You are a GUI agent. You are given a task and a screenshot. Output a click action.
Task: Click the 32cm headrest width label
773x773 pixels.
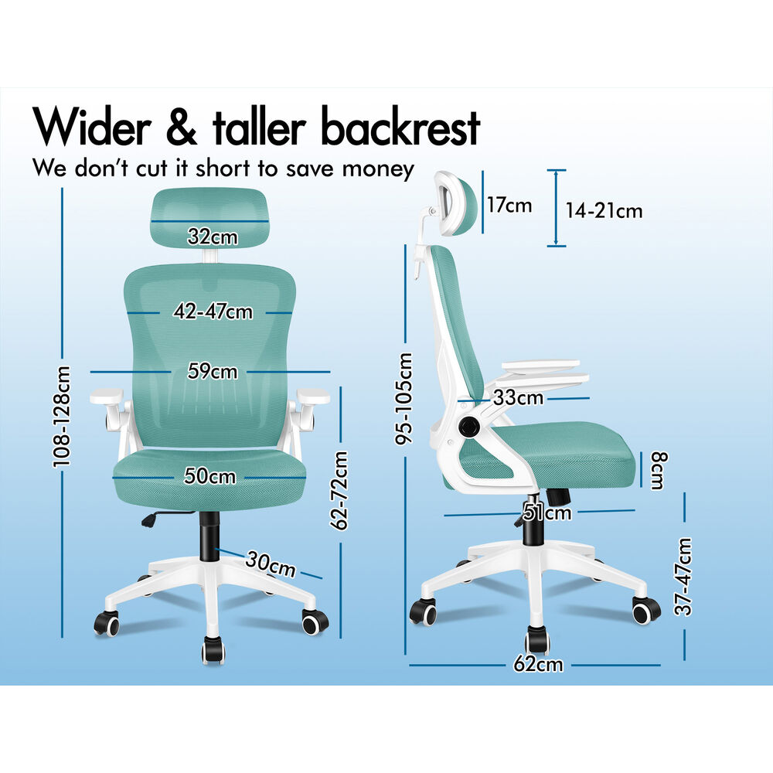[213, 237]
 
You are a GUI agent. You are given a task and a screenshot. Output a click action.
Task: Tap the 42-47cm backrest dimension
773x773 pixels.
[213, 312]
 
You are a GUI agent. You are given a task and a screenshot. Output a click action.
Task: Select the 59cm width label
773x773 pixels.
[213, 371]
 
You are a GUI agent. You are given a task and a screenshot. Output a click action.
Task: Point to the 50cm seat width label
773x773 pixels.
[210, 476]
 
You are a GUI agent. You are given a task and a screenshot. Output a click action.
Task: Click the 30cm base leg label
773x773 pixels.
[271, 564]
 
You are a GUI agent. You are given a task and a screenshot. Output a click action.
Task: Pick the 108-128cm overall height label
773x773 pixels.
[62, 416]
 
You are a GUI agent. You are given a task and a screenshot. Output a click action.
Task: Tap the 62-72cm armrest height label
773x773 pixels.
[339, 491]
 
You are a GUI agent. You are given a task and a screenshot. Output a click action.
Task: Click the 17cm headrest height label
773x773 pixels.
[509, 205]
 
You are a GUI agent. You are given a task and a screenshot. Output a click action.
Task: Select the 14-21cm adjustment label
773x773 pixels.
[604, 211]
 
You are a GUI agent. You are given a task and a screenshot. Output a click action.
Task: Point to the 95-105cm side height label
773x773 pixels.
[404, 398]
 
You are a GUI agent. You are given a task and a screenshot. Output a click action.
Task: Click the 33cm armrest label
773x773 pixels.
[518, 397]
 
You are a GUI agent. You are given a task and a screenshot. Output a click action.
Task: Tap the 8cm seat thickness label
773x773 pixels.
[659, 470]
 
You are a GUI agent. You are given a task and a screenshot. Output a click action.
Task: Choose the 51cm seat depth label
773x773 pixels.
[547, 512]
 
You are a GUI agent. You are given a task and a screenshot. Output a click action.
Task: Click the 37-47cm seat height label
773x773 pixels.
[684, 577]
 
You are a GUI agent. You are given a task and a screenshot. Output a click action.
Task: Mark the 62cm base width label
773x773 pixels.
[538, 664]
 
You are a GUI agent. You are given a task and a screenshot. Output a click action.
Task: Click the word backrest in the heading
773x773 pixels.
[400, 128]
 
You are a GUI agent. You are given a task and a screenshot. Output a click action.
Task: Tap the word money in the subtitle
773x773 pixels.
[378, 169]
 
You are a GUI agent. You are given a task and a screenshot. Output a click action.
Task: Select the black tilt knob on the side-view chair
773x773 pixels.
[469, 425]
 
